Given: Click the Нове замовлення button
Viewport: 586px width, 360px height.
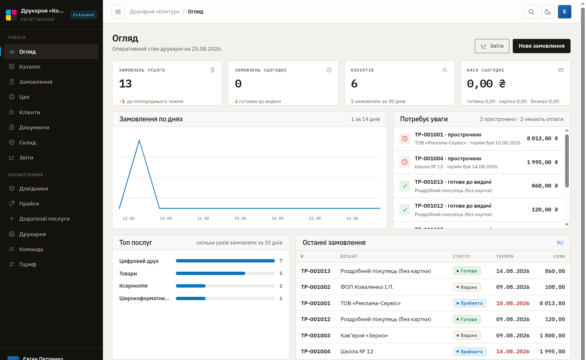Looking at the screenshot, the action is pyautogui.click(x=541, y=46).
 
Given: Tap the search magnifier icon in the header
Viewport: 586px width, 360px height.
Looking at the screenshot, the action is pyautogui.click(x=531, y=12).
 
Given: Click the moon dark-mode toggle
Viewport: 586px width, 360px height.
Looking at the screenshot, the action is pyautogui.click(x=547, y=12).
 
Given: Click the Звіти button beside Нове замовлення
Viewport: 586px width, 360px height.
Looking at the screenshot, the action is pyautogui.click(x=492, y=46).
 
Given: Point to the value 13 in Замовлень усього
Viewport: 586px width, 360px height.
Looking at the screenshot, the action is pyautogui.click(x=125, y=84).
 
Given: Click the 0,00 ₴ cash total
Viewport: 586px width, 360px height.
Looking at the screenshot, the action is pyautogui.click(x=486, y=84).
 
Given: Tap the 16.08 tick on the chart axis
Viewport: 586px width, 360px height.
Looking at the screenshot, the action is pyautogui.click(x=203, y=219).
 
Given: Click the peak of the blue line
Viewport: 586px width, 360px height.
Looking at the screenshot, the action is pyautogui.click(x=139, y=141).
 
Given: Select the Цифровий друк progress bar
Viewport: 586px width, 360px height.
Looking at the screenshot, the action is pyautogui.click(x=225, y=261).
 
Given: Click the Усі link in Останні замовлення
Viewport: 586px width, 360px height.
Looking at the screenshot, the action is pyautogui.click(x=560, y=242).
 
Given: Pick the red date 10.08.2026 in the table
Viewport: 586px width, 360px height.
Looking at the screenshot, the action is pyautogui.click(x=513, y=303).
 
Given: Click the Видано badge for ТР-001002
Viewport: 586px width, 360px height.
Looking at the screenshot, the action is pyautogui.click(x=467, y=287).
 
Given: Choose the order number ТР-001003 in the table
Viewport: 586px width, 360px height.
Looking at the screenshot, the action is pyautogui.click(x=316, y=335).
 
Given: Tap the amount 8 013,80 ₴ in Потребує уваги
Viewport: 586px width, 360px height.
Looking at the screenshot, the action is pyautogui.click(x=542, y=139).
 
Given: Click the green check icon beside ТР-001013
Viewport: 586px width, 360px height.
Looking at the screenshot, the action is pyautogui.click(x=405, y=186).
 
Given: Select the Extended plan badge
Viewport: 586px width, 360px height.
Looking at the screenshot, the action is pyautogui.click(x=83, y=15).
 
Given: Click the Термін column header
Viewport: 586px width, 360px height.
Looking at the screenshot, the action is pyautogui.click(x=505, y=256).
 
